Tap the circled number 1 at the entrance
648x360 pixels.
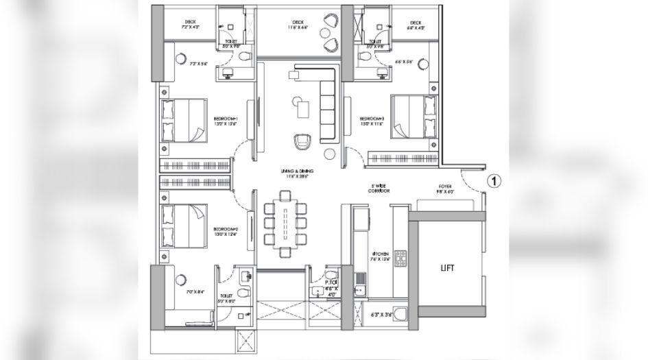coord(493,181)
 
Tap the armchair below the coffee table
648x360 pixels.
coord(302,142)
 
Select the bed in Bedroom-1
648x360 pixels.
coord(184,121)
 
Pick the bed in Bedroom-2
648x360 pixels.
coord(184,227)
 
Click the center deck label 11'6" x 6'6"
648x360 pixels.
coord(297,26)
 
